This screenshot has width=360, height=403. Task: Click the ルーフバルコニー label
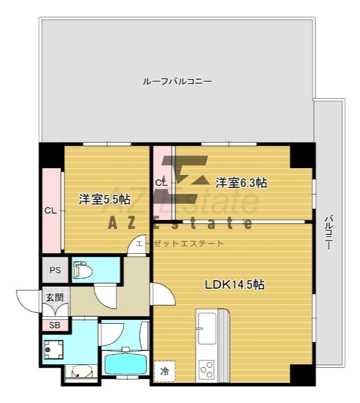[x=177, y=82]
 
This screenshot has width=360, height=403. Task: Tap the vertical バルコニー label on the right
[x=328, y=232]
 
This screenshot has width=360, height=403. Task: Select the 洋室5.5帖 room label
[x=104, y=199]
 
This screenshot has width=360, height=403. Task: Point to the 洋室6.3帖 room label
[x=241, y=182]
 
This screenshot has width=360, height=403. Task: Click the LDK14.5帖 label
[x=234, y=285]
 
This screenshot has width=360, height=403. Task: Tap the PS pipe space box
[x=55, y=270]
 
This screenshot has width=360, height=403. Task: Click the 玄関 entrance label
[x=55, y=297]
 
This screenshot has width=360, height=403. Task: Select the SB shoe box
[x=55, y=325]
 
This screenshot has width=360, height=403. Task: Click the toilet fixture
[x=83, y=270]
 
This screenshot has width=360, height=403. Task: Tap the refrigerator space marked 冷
[x=165, y=371]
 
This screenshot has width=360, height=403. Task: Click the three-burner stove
[x=207, y=370]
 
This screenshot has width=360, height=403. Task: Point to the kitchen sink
[x=206, y=328]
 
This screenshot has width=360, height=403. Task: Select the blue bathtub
[x=125, y=363]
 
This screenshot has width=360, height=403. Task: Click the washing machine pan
[x=53, y=350]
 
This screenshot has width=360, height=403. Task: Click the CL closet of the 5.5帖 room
[x=51, y=211]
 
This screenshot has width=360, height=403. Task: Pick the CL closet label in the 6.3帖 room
[x=161, y=183]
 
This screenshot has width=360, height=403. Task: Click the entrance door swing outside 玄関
[x=27, y=301]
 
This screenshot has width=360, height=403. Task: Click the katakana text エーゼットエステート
[x=180, y=243]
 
